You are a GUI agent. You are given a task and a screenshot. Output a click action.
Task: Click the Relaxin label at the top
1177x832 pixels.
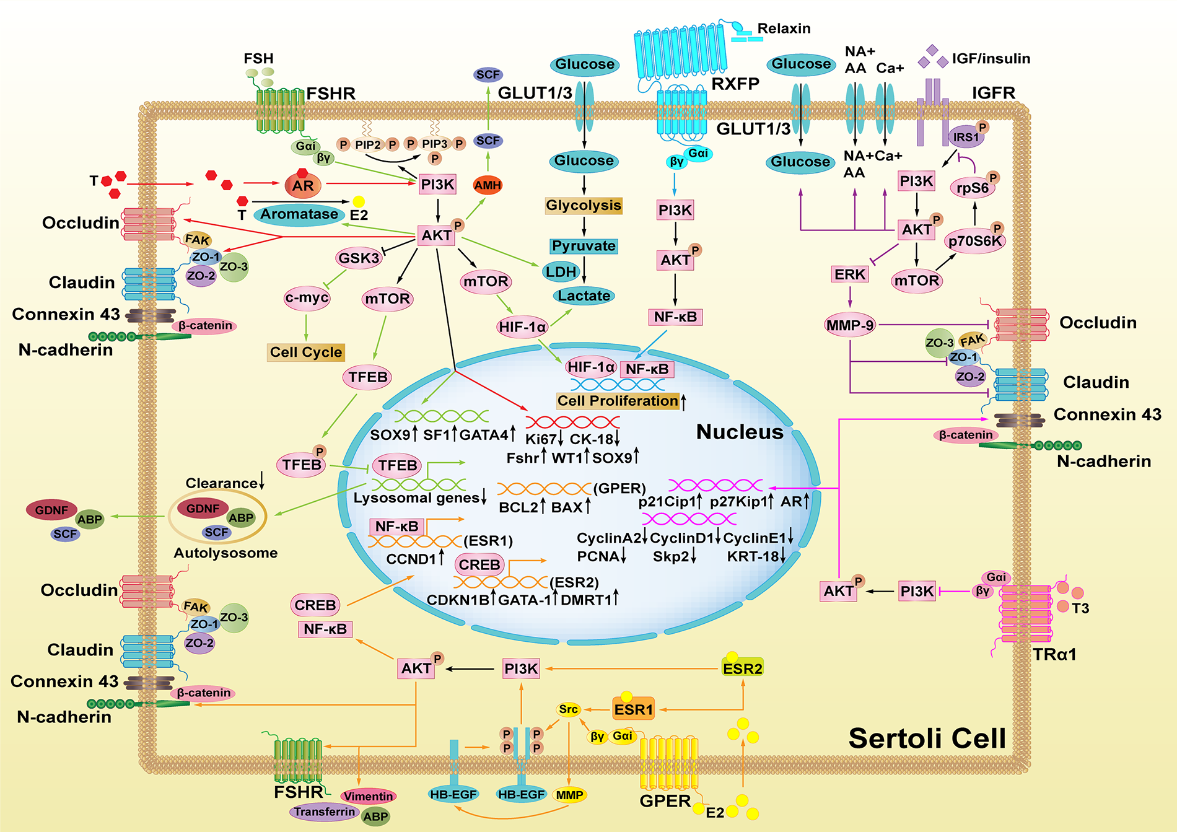click(x=784, y=28)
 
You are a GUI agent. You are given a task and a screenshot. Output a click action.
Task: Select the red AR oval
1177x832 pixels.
click(x=303, y=185)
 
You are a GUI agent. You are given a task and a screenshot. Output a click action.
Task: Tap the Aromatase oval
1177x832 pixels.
click(x=299, y=214)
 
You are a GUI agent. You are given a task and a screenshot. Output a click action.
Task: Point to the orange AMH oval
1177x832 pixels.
click(x=488, y=185)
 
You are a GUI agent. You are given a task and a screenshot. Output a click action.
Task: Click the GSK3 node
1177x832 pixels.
click(x=359, y=258)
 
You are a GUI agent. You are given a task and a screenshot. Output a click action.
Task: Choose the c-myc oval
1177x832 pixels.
click(x=307, y=298)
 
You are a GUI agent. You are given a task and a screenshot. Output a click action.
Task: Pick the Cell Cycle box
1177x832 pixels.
click(x=306, y=353)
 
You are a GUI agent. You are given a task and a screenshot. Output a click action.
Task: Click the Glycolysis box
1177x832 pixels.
click(x=584, y=206)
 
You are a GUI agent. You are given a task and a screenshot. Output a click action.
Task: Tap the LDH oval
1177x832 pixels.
click(x=561, y=271)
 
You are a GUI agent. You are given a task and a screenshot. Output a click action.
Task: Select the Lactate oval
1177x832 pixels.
click(x=584, y=296)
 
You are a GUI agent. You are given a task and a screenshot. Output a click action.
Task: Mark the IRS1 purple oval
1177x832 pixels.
click(x=966, y=138)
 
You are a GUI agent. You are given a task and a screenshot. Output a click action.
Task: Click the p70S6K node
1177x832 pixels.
click(x=975, y=241)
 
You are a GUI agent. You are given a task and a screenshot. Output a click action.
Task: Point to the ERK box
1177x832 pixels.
click(x=849, y=274)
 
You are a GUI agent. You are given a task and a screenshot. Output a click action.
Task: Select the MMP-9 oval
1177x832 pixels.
click(x=850, y=325)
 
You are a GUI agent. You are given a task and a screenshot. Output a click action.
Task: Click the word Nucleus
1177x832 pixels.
click(x=740, y=432)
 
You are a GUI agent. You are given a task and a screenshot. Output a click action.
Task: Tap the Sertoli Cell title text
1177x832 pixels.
click(x=927, y=738)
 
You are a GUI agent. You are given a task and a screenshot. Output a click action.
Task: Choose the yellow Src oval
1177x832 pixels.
click(x=568, y=709)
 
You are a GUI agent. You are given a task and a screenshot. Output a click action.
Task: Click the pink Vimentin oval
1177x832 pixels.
click(x=369, y=796)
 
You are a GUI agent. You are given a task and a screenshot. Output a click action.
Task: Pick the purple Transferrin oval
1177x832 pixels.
click(x=325, y=812)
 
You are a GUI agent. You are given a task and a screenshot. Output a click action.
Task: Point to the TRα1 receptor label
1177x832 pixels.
click(x=1054, y=654)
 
